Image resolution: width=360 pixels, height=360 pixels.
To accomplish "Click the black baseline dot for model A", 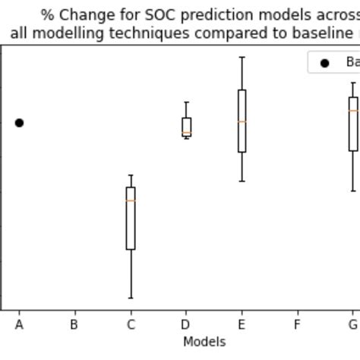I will (x=19, y=122).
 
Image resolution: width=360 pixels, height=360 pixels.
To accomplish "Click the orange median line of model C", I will (x=131, y=201).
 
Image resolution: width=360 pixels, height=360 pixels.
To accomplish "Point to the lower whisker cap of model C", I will (x=131, y=298).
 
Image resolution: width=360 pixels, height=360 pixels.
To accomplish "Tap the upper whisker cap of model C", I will (x=131, y=175).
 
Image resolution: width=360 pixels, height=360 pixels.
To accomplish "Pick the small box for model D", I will (x=186, y=126).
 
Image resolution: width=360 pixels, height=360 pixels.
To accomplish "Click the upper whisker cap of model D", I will (x=186, y=103).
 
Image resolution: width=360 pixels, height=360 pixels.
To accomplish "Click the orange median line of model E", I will (x=242, y=122).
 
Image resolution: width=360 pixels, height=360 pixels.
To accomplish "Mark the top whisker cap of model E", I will (x=242, y=57).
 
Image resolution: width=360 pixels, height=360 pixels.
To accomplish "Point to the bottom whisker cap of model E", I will (x=242, y=181).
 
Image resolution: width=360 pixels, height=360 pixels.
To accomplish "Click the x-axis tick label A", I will (x=19, y=325).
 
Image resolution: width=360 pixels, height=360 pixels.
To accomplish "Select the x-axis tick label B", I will (x=74, y=325).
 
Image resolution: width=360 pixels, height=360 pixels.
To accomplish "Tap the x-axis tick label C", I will (x=131, y=325).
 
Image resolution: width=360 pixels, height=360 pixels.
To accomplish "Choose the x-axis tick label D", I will (x=186, y=325).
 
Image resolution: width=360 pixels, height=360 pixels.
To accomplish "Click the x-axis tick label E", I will (x=242, y=325).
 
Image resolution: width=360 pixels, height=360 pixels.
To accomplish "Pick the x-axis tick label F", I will (x=297, y=325).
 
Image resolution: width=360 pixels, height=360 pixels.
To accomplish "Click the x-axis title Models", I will (x=204, y=342).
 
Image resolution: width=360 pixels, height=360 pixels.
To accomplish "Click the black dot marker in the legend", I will (x=325, y=63).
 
